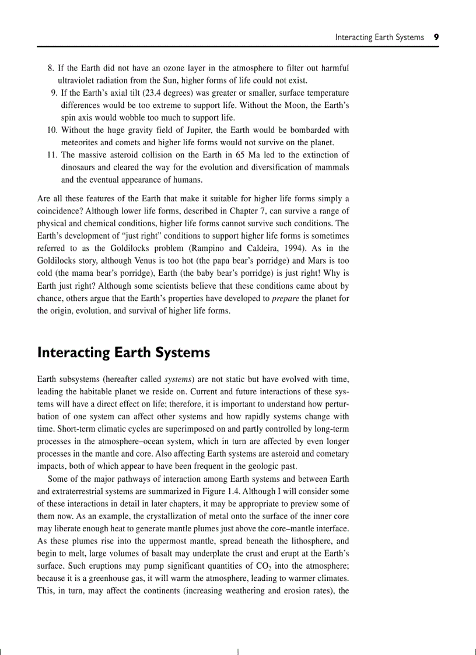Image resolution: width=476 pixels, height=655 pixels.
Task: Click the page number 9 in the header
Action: click(x=436, y=37)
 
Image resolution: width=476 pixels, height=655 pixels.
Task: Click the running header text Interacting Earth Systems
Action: click(x=379, y=37)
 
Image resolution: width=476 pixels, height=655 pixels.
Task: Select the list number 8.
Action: click(x=50, y=68)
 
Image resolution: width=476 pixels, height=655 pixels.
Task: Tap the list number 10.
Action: click(x=52, y=129)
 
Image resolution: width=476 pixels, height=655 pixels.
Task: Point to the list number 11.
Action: click(x=52, y=155)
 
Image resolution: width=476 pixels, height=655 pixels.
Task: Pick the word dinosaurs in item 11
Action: click(x=79, y=167)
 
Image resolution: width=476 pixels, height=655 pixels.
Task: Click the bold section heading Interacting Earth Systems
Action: click(x=123, y=352)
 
